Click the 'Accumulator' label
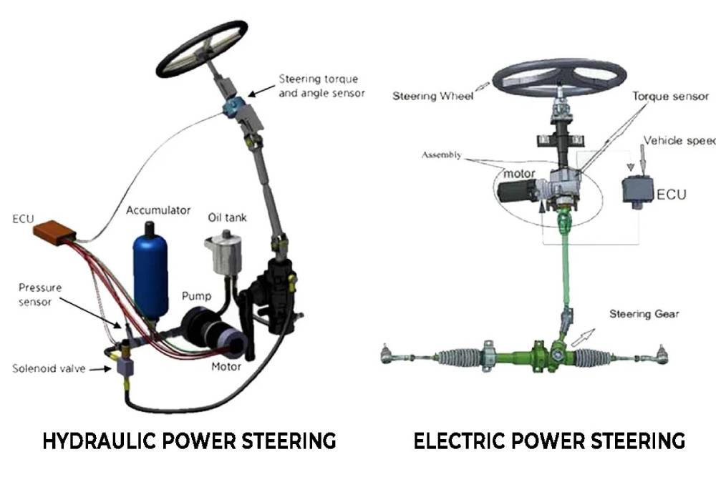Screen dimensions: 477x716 [158, 211]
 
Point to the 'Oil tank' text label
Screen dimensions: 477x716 [227, 217]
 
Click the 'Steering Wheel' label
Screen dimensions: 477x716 [432, 97]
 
